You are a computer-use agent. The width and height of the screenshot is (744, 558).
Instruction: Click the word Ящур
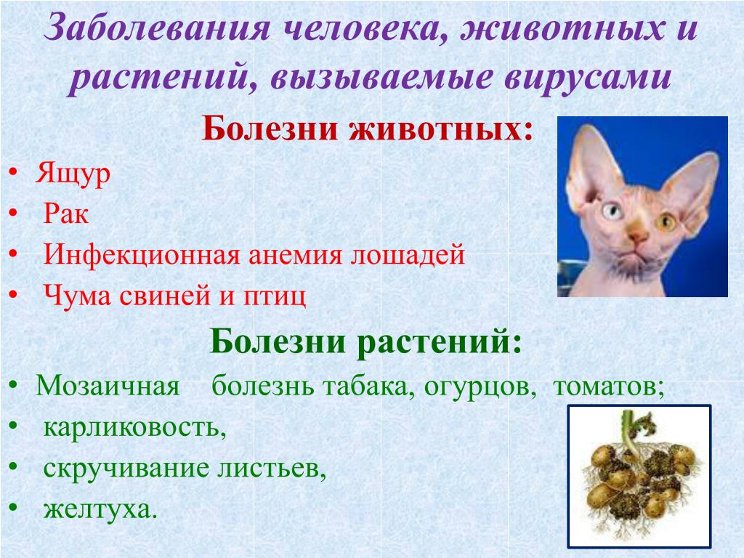[73, 174]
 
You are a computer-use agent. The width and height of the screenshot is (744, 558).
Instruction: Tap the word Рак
[66, 214]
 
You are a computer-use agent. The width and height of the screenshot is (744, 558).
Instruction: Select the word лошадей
[408, 255]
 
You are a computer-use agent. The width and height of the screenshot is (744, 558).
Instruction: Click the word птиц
[275, 296]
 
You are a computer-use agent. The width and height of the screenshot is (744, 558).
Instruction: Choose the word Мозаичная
[108, 385]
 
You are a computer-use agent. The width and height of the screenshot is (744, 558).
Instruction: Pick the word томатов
[608, 387]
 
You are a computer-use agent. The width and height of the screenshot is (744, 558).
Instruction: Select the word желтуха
[100, 509]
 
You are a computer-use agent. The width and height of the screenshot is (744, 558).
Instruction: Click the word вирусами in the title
[588, 77]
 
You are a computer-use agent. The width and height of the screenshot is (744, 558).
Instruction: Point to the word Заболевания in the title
[157, 27]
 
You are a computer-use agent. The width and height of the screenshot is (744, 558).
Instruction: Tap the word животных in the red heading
[441, 128]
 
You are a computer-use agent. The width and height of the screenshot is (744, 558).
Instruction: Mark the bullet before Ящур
[13, 173]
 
